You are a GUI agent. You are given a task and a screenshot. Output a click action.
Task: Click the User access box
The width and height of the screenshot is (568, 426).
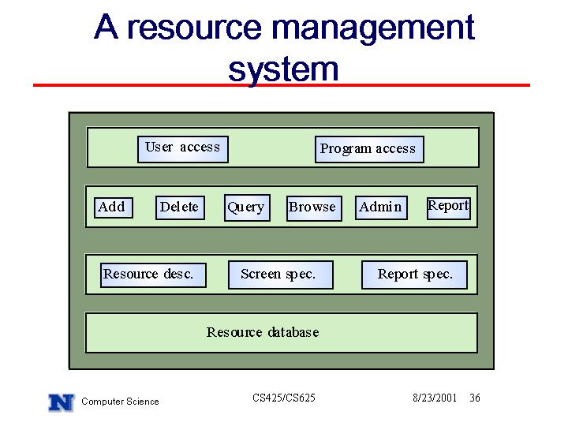click(x=183, y=149)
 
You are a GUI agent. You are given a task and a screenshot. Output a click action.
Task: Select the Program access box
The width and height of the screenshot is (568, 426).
click(x=369, y=149)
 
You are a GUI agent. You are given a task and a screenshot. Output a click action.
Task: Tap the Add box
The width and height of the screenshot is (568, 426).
click(x=114, y=207)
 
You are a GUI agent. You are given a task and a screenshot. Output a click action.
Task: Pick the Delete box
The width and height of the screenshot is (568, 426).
click(x=180, y=207)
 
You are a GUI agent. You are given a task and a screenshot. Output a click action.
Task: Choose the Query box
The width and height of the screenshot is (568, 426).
click(x=247, y=207)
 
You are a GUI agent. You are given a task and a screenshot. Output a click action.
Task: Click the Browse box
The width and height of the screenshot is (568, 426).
click(x=314, y=208)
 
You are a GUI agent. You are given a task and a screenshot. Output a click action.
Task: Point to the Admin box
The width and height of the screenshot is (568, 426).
click(x=382, y=207)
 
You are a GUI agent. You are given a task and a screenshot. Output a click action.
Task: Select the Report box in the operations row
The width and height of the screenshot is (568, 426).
click(x=449, y=208)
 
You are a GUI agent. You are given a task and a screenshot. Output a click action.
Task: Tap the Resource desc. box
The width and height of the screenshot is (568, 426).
click(x=153, y=275)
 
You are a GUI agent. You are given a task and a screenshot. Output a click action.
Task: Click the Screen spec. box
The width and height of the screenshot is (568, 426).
click(x=281, y=275)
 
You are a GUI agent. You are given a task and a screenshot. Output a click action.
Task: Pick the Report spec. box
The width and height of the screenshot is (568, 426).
click(x=414, y=275)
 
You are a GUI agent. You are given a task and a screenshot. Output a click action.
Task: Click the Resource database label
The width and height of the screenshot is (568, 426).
click(x=263, y=332)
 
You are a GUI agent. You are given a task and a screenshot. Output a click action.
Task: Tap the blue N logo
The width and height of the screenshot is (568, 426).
click(x=62, y=402)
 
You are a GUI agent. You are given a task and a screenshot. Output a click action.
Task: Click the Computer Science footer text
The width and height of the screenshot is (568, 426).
click(x=120, y=402)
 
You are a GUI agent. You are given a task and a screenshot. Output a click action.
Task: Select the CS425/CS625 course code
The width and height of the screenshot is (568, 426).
click(x=284, y=398)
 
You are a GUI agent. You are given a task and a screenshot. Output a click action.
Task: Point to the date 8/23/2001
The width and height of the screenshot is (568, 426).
click(x=435, y=398)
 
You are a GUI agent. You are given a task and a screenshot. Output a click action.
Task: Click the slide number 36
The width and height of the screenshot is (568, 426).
click(x=475, y=398)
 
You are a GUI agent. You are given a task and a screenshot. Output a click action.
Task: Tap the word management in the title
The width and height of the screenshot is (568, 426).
click(x=372, y=29)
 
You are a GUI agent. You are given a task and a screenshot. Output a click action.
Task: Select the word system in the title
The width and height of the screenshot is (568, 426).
click(x=283, y=69)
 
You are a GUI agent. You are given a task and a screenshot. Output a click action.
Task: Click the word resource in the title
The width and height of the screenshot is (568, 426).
click(x=195, y=28)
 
